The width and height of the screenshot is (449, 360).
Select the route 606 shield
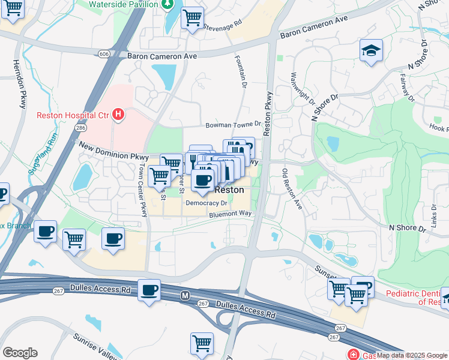[104, 55]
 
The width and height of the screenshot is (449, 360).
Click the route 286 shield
[80, 128]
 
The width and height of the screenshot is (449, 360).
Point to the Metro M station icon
[185, 295]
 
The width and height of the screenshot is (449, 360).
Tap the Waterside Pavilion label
[123, 4]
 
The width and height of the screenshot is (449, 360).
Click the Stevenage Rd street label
[222, 25]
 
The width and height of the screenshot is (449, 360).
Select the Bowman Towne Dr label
[233, 125]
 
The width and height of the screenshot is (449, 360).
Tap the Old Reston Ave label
[292, 189]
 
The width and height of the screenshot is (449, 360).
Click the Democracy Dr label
[206, 203]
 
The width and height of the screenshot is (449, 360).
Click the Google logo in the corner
[20, 352]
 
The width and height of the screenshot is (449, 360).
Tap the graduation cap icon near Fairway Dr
[371, 50]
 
